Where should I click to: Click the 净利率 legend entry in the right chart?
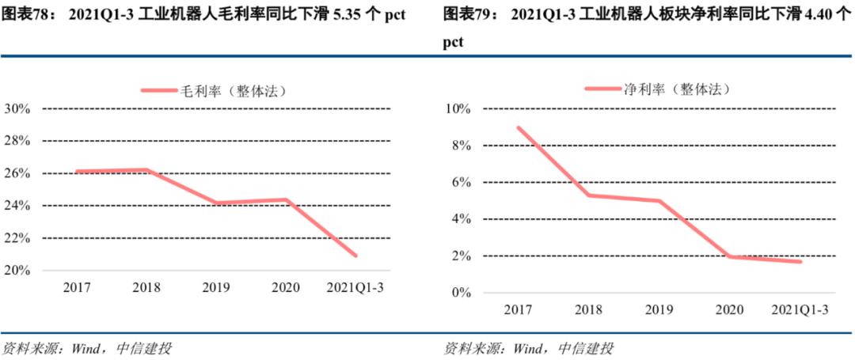pos(656,89)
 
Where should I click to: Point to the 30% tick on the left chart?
pos(17,108)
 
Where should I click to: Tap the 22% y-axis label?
pos(17,238)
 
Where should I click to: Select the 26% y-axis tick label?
pos(17,173)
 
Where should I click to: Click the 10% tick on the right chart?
pos(459,108)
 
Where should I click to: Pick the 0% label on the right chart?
pos(462,293)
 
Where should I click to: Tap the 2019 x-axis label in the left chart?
pos(217,287)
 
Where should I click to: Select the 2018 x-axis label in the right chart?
pos(588,310)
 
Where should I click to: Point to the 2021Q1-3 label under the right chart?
pos(800,310)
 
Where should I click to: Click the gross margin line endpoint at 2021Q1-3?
pos(355,256)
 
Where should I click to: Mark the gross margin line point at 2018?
pos(147,169)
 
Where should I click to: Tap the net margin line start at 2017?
pos(518,127)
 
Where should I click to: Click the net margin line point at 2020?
pos(729,256)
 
